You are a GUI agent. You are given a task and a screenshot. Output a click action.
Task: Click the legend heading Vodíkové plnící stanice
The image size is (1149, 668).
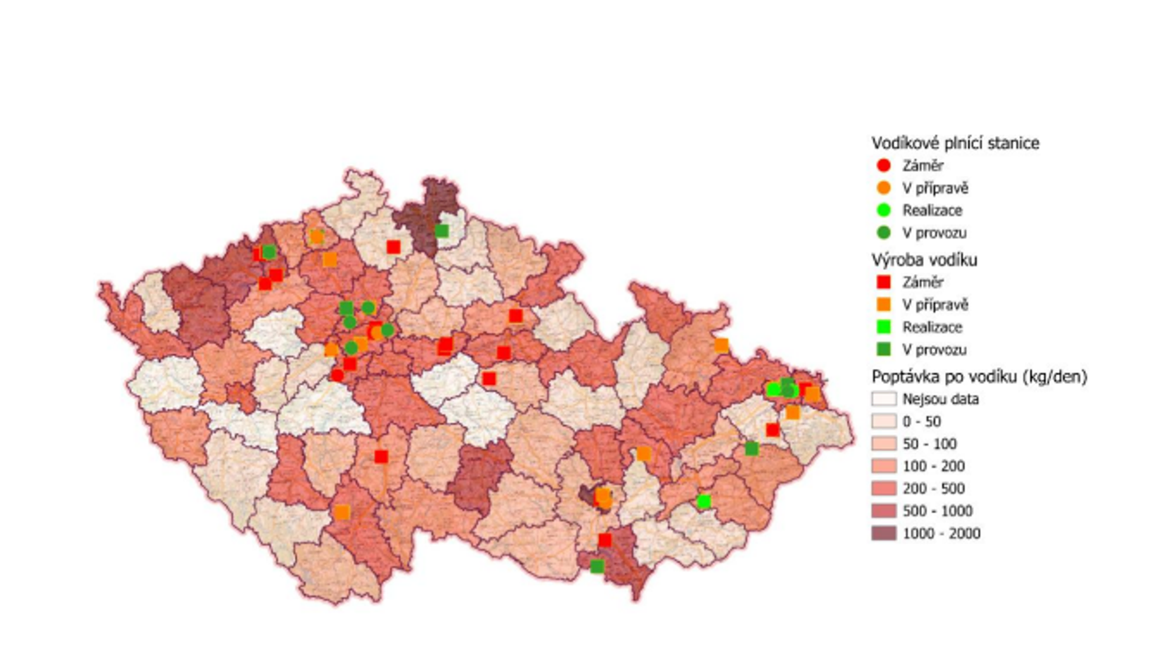(955, 143)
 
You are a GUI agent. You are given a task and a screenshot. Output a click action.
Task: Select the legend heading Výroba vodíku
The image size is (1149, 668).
(924, 260)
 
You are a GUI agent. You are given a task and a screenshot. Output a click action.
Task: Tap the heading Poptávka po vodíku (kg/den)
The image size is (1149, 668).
(979, 377)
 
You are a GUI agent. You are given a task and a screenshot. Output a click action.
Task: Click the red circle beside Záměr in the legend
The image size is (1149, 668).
(883, 166)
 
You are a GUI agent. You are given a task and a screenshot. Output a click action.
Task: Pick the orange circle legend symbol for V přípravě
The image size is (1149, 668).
(883, 188)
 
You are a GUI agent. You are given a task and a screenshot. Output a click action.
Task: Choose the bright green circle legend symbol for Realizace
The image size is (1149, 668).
(883, 210)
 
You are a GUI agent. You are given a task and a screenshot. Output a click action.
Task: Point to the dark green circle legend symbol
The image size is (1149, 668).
(883, 233)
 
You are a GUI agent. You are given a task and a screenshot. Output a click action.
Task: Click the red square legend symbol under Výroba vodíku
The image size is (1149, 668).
(883, 282)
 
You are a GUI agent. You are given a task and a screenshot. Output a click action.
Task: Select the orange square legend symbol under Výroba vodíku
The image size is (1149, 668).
(883, 305)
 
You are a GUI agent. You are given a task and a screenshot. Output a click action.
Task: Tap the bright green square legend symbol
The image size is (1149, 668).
(883, 327)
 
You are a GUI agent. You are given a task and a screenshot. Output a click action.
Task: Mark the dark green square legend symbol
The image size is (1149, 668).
(883, 350)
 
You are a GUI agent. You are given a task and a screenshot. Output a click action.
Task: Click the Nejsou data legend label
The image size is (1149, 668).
(940, 399)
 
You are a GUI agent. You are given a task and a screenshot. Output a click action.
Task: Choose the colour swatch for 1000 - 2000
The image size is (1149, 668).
(883, 533)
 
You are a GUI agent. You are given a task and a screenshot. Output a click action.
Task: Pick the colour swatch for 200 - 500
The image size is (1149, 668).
(883, 488)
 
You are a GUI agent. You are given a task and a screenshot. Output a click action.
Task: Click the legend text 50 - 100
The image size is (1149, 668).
(929, 444)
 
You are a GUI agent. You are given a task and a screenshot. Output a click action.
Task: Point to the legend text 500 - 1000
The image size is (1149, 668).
(937, 511)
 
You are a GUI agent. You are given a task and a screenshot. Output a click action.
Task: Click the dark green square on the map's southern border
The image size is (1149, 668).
(597, 566)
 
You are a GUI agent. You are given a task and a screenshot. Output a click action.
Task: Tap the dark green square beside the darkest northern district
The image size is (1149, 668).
(441, 231)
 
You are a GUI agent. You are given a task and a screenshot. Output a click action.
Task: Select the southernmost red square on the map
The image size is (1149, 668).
(605, 540)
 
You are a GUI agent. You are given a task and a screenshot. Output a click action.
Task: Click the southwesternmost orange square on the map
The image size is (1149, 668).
(342, 512)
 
